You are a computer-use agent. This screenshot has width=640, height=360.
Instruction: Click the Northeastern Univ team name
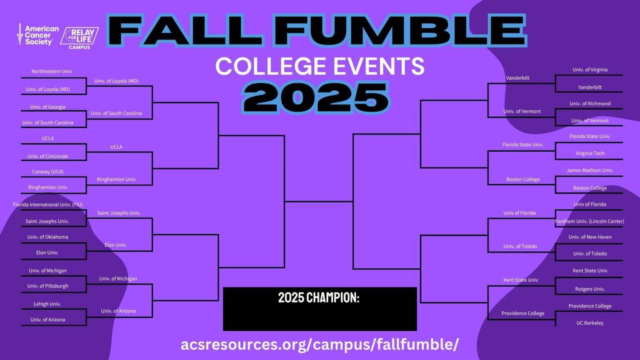(52, 71)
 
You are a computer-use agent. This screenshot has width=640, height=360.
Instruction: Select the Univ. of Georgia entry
(48, 107)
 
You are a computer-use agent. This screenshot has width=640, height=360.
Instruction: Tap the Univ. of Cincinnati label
(48, 156)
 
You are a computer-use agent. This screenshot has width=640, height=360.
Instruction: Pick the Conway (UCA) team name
(48, 172)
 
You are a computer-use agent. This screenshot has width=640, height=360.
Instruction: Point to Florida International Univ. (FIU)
(48, 205)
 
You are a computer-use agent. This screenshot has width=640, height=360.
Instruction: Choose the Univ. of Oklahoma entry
(48, 237)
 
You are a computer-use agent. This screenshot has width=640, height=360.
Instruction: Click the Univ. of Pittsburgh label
(48, 286)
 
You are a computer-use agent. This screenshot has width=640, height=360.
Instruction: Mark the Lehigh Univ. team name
(47, 304)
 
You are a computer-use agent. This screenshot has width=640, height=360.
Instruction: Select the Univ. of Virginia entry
(590, 70)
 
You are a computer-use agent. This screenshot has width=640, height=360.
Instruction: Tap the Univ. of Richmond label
(590, 104)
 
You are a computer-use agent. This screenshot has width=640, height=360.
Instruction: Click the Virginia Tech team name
(590, 153)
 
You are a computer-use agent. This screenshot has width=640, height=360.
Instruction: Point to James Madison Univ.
(590, 170)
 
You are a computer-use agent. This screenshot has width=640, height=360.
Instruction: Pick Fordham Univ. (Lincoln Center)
(590, 221)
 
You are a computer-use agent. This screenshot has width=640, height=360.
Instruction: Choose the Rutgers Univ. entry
(590, 289)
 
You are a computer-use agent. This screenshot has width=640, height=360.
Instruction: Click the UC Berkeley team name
(590, 323)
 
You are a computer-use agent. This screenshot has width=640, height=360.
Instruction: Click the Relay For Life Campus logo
(80, 38)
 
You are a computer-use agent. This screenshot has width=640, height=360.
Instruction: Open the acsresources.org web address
(320, 344)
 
